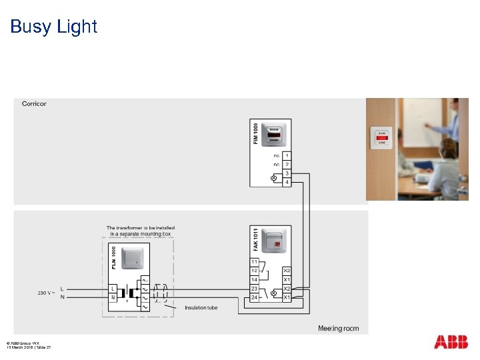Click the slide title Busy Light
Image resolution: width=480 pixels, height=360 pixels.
[53, 27]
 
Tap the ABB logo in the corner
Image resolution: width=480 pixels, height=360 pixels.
[451, 342]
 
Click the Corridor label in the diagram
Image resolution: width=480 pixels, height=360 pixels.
[34, 103]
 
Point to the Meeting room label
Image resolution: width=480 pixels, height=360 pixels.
[338, 329]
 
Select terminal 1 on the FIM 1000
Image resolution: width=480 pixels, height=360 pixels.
[287, 155]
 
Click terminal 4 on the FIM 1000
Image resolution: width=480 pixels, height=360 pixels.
[287, 181]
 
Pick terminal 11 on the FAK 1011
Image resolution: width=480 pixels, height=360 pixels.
[255, 261]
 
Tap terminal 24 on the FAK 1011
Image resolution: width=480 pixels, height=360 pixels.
[255, 297]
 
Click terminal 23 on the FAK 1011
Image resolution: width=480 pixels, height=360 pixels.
[255, 289]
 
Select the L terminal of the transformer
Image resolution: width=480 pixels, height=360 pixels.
[113, 289]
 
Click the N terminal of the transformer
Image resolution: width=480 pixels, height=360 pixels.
[113, 297]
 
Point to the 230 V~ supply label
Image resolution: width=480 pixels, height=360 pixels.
[47, 293]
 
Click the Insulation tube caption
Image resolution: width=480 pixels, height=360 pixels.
[201, 307]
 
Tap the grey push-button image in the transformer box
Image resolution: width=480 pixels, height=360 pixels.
[132, 259]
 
